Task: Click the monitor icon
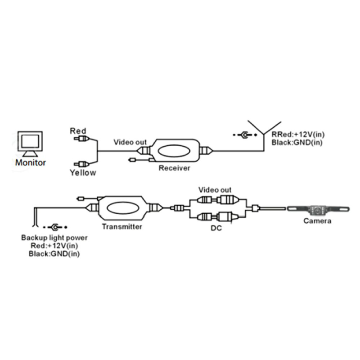(x=30, y=144)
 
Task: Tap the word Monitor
(x=31, y=163)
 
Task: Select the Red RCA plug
(x=81, y=139)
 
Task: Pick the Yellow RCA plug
(x=81, y=164)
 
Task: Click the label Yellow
(x=83, y=173)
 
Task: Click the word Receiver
(x=175, y=168)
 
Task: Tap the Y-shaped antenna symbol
(x=264, y=135)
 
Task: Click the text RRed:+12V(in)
(x=298, y=134)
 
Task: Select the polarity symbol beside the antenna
(x=245, y=135)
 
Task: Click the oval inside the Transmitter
(x=123, y=208)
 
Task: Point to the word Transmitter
(x=122, y=227)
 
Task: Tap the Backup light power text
(x=54, y=238)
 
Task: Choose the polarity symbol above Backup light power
(x=55, y=227)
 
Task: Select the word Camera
(x=318, y=221)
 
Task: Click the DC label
(x=216, y=228)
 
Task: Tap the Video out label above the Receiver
(x=130, y=142)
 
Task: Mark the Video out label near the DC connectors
(x=215, y=190)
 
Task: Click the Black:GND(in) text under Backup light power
(x=54, y=254)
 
